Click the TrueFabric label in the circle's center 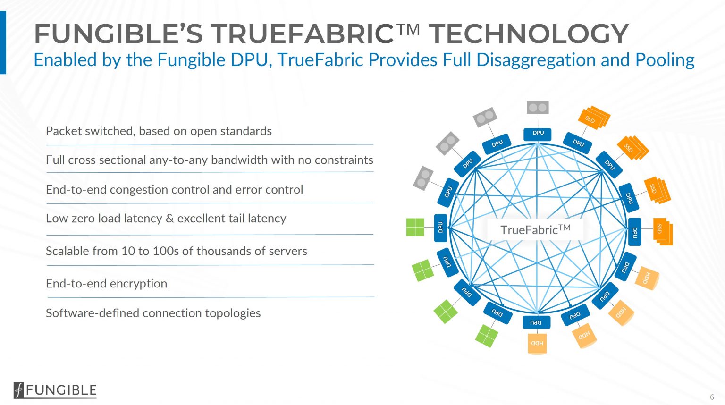535,230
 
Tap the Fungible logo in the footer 55,390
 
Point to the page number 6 712,397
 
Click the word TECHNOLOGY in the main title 528,34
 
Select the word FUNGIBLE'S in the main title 118,34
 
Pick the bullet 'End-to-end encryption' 106,283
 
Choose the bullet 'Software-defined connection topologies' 153,313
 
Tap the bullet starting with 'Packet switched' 159,131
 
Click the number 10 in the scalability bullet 128,251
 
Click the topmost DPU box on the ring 538,134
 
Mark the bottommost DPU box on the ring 537,322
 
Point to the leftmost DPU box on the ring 440,228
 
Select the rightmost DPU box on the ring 634,232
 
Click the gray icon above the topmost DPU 538,107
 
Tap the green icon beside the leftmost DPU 415,227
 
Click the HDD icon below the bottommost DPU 537,344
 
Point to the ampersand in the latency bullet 170,219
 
